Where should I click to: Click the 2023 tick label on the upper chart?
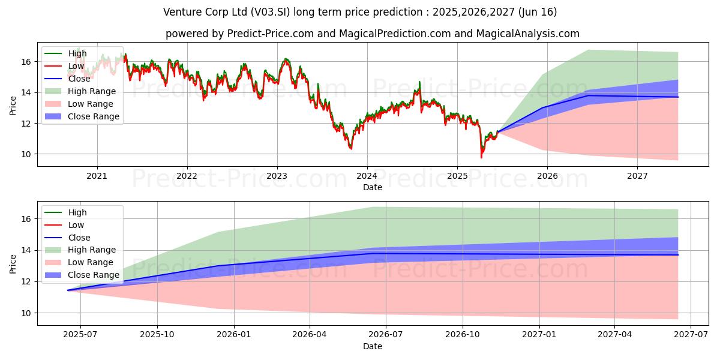(277, 176)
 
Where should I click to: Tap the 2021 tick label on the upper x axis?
(97, 176)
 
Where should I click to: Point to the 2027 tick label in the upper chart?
(637, 176)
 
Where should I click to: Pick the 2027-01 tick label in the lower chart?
(540, 334)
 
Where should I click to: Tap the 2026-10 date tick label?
(464, 334)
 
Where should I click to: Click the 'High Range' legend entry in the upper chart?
(92, 91)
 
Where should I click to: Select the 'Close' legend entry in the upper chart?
(79, 79)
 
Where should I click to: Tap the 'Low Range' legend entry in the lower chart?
(91, 262)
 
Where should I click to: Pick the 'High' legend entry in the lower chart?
(77, 212)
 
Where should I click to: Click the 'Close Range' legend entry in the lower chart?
(94, 275)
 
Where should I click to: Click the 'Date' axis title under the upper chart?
(373, 187)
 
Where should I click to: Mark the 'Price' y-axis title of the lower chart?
(13, 263)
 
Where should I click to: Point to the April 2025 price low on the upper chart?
(481, 157)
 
